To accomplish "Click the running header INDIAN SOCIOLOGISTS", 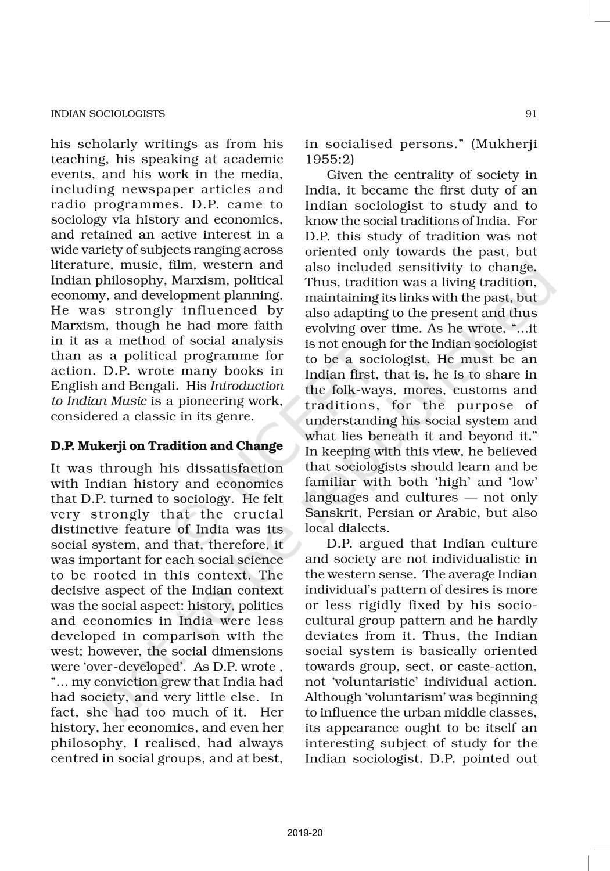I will pyautogui.click(x=107, y=114).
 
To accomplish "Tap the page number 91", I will pyautogui.click(x=530, y=114).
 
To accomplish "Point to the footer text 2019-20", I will pyautogui.click(x=305, y=833).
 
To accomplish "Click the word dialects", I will pyautogui.click(x=365, y=528).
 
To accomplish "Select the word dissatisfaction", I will pyautogui.click(x=235, y=468).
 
